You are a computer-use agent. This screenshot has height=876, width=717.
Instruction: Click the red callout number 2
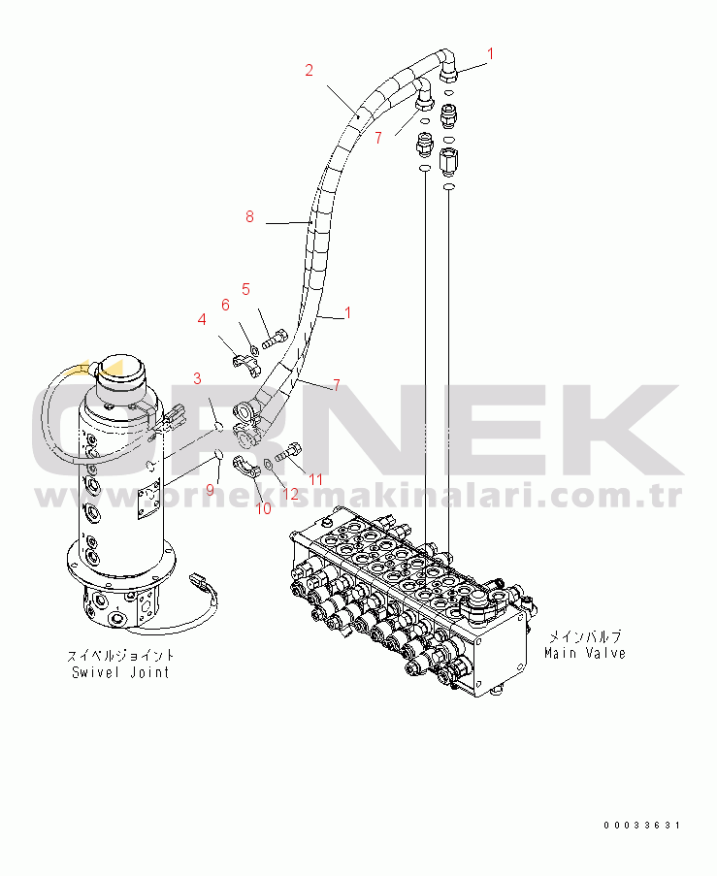310,71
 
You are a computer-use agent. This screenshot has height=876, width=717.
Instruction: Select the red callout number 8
249,216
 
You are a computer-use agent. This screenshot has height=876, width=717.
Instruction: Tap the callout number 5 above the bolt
245,289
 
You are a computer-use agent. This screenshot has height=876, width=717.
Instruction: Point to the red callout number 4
202,319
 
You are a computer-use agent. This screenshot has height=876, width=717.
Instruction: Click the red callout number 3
197,378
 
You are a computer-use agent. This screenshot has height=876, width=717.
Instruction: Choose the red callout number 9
211,490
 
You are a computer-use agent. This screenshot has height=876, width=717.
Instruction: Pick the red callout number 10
263,508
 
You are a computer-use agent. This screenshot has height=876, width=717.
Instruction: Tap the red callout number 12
291,494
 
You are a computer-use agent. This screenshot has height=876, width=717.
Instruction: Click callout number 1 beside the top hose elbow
491,54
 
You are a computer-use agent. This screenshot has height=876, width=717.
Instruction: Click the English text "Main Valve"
585,653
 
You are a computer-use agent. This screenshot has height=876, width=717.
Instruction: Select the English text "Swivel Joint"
120,672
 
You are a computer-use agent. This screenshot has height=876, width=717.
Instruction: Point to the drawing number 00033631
642,826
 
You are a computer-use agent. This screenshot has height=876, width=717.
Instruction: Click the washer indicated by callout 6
253,350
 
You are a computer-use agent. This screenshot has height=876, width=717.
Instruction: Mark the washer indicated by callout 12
267,463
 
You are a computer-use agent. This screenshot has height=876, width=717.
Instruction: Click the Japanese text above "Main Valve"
585,636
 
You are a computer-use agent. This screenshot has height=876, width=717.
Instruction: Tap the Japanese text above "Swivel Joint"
120,656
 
